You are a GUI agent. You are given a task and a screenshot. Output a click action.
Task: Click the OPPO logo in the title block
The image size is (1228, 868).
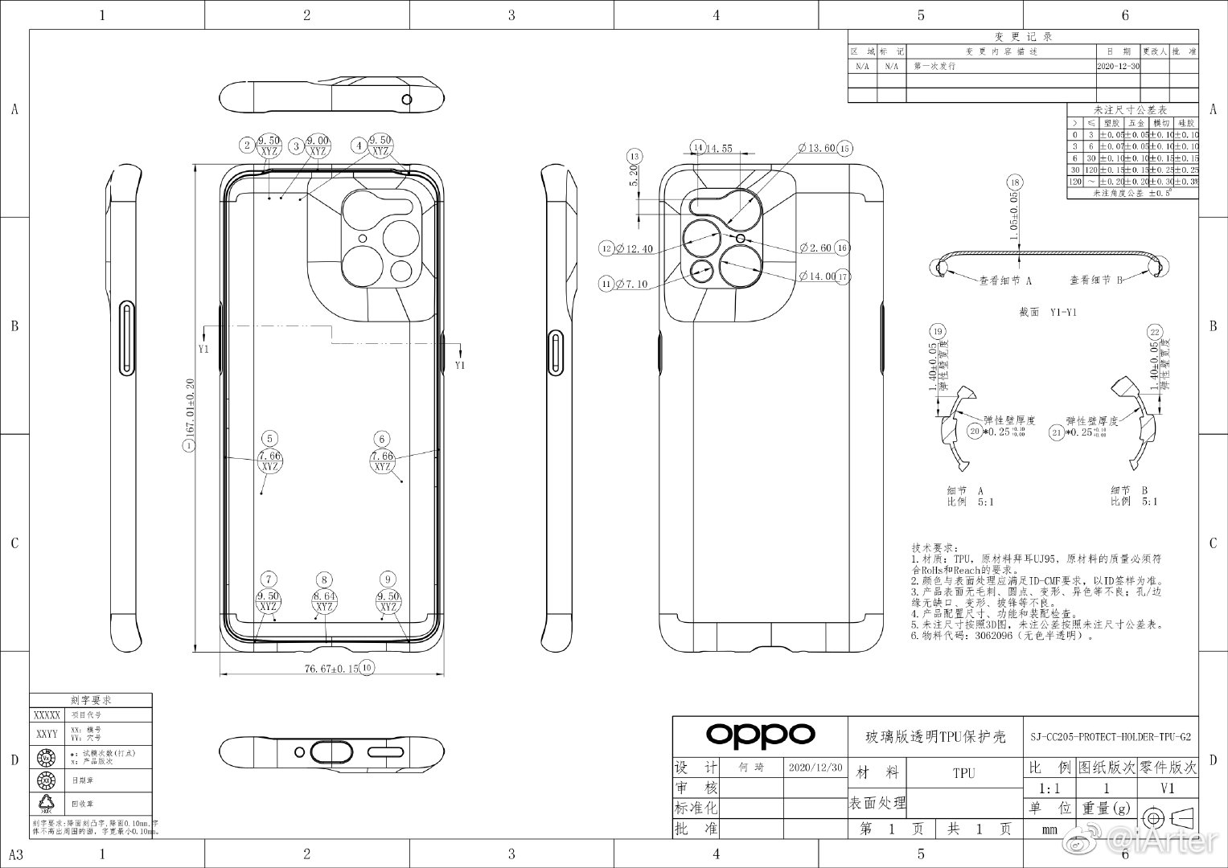point(760,734)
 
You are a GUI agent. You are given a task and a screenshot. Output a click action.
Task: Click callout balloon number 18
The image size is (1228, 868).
point(1015,182)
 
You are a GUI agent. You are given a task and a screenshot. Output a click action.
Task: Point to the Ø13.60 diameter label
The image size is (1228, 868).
point(816,149)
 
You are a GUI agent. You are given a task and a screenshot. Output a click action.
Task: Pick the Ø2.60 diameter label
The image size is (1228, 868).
point(815,248)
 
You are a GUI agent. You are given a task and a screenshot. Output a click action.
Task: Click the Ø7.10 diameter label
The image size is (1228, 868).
point(630,283)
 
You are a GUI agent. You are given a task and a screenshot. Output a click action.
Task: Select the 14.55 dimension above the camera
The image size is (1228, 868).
point(719,149)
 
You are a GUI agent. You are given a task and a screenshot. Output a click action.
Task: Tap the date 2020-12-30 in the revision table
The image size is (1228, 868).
point(1118,67)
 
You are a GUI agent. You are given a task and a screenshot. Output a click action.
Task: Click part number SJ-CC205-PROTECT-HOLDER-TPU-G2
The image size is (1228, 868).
point(1111,736)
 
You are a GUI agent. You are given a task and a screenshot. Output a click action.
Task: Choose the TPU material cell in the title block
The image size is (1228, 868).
point(963,773)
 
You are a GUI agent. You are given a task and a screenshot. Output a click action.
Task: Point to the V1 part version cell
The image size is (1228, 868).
point(1167,789)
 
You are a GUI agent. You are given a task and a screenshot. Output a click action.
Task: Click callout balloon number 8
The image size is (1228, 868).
point(324,580)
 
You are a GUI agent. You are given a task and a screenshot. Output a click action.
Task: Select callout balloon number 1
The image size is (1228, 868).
point(189,445)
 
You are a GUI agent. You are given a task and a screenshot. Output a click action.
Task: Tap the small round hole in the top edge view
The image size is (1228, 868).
point(407,100)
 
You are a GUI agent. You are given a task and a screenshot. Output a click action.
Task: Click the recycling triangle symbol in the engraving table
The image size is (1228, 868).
point(45,801)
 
